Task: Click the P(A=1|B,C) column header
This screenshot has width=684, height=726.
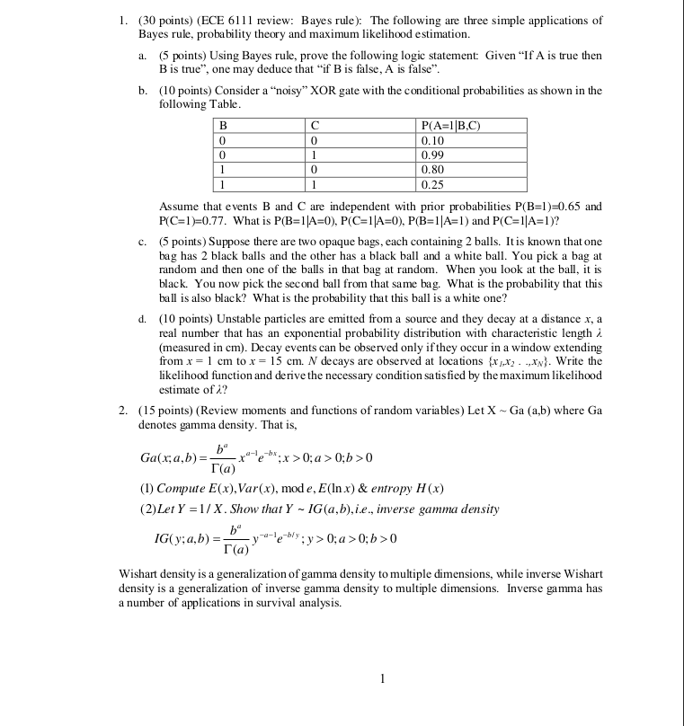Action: click(x=450, y=127)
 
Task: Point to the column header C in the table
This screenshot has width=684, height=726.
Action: click(x=313, y=127)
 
